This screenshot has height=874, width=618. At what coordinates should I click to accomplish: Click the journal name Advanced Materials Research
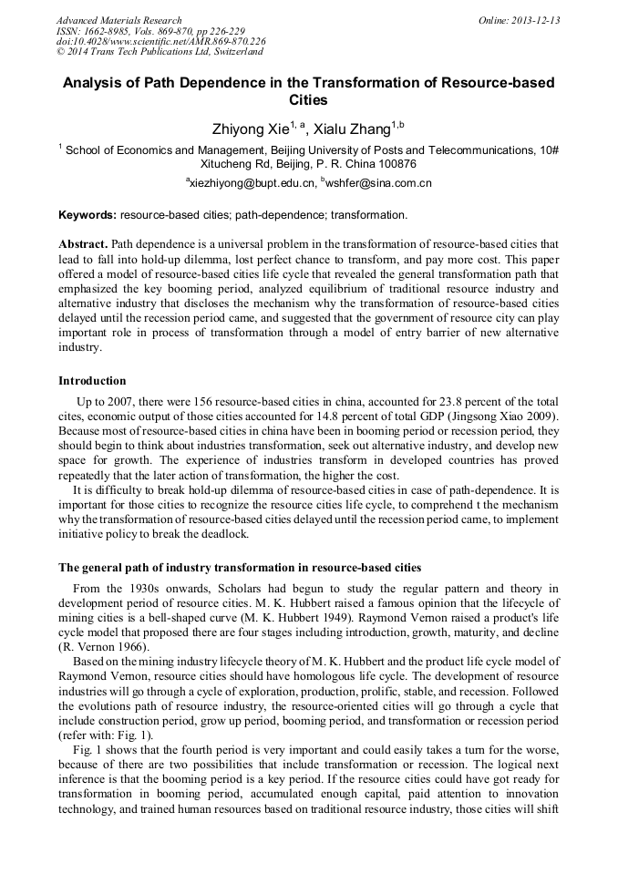[118, 20]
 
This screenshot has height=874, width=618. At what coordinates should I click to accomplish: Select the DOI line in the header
[160, 41]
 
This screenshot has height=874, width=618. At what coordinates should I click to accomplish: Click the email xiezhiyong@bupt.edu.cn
[249, 183]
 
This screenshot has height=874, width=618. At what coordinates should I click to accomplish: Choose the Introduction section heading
[92, 380]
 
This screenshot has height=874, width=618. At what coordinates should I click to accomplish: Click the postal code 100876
[395, 165]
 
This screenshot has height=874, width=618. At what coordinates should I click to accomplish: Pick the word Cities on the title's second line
[308, 100]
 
